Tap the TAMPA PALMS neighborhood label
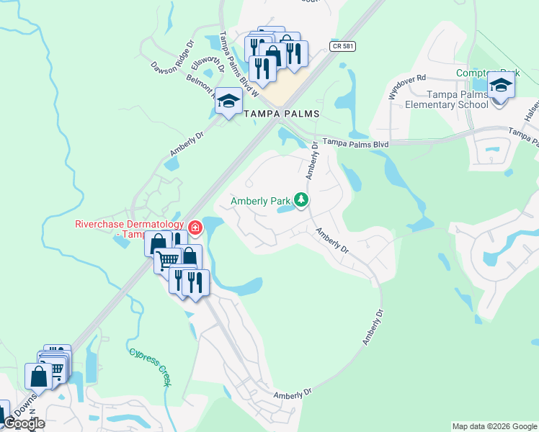coord(281,114)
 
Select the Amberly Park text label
coord(259,201)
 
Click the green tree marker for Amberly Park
coord(302,200)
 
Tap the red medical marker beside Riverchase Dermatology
coord(195,228)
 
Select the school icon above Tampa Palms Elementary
coord(500,86)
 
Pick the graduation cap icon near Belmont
coord(228,102)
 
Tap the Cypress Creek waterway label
coord(151,367)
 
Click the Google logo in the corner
coord(24,423)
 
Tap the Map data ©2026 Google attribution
coord(494,426)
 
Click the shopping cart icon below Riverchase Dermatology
coord(167,259)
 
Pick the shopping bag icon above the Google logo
coord(38,377)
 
